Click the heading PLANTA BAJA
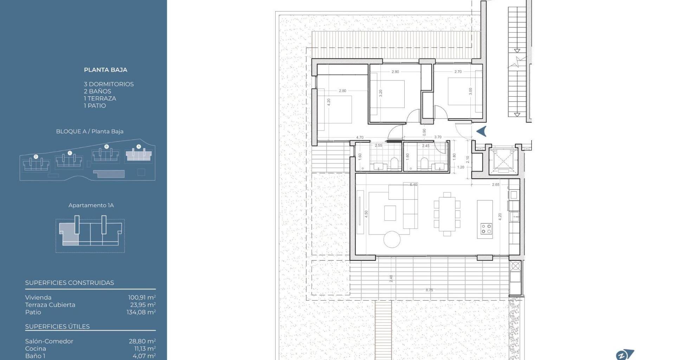(105, 70)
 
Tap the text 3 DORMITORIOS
(109, 84)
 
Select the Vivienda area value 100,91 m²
(142, 297)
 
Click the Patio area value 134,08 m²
(141, 312)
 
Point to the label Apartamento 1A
(91, 205)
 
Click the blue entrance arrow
(481, 131)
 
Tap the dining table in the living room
(447, 214)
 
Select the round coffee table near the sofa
(392, 240)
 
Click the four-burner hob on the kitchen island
(486, 229)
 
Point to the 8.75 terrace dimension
(429, 290)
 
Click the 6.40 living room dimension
(413, 185)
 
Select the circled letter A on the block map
(139, 146)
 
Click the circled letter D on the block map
(36, 156)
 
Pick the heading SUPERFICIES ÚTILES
(57, 327)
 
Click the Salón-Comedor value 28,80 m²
(142, 341)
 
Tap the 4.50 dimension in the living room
(366, 214)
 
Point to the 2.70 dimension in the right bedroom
(458, 72)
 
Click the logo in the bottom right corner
(625, 354)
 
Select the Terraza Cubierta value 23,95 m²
(143, 305)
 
